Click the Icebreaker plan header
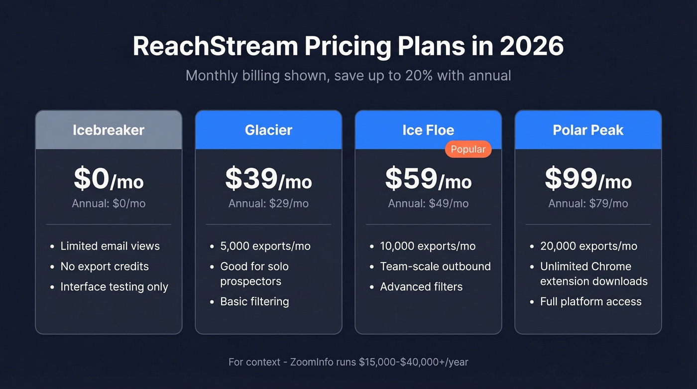pos(109,130)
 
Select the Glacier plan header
pos(268,130)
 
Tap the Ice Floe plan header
pos(428,130)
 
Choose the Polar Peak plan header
pos(588,130)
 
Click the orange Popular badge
pos(468,149)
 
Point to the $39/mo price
pos(268,179)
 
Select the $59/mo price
pos(428,179)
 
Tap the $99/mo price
pos(588,179)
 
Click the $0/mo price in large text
pos(109,179)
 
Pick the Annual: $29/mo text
pos(268,203)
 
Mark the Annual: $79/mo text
pos(588,203)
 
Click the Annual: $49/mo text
pos(428,203)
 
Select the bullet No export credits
pos(105,266)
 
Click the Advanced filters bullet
pos(421,287)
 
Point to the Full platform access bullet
pos(590,301)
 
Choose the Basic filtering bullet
pos(254,301)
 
